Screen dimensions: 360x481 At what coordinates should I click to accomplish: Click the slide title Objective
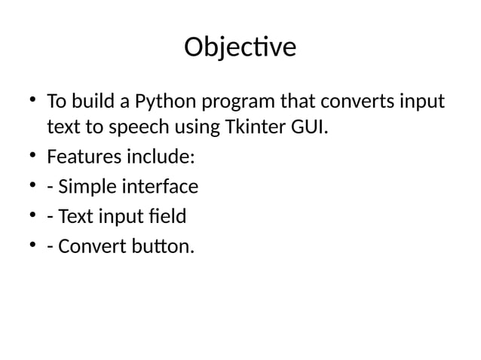pos(240,47)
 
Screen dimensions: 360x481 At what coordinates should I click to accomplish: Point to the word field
pos(167,217)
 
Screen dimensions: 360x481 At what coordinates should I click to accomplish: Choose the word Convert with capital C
pos(90,246)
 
